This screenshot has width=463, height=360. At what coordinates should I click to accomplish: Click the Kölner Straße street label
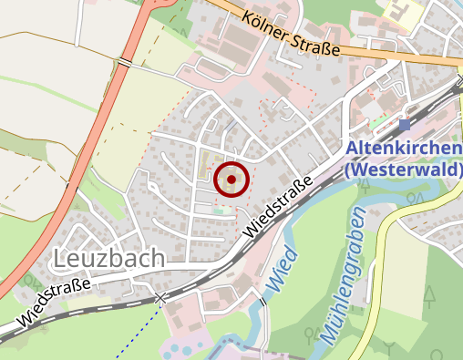tap(292, 36)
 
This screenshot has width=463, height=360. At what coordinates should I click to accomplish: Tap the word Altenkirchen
tap(404, 149)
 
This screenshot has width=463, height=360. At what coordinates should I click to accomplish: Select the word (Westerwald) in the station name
tap(404, 170)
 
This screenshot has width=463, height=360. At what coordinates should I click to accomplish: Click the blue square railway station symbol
tap(405, 125)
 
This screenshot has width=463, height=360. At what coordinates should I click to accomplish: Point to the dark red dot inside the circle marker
tap(231, 180)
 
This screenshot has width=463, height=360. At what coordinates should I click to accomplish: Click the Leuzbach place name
tap(109, 259)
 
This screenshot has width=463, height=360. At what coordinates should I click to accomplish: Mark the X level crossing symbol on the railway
tap(161, 298)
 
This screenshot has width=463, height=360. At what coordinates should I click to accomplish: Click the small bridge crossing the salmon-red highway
tap(124, 61)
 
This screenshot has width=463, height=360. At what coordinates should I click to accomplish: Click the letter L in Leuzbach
tap(61, 259)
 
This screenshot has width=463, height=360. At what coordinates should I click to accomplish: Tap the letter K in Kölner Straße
tap(248, 15)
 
